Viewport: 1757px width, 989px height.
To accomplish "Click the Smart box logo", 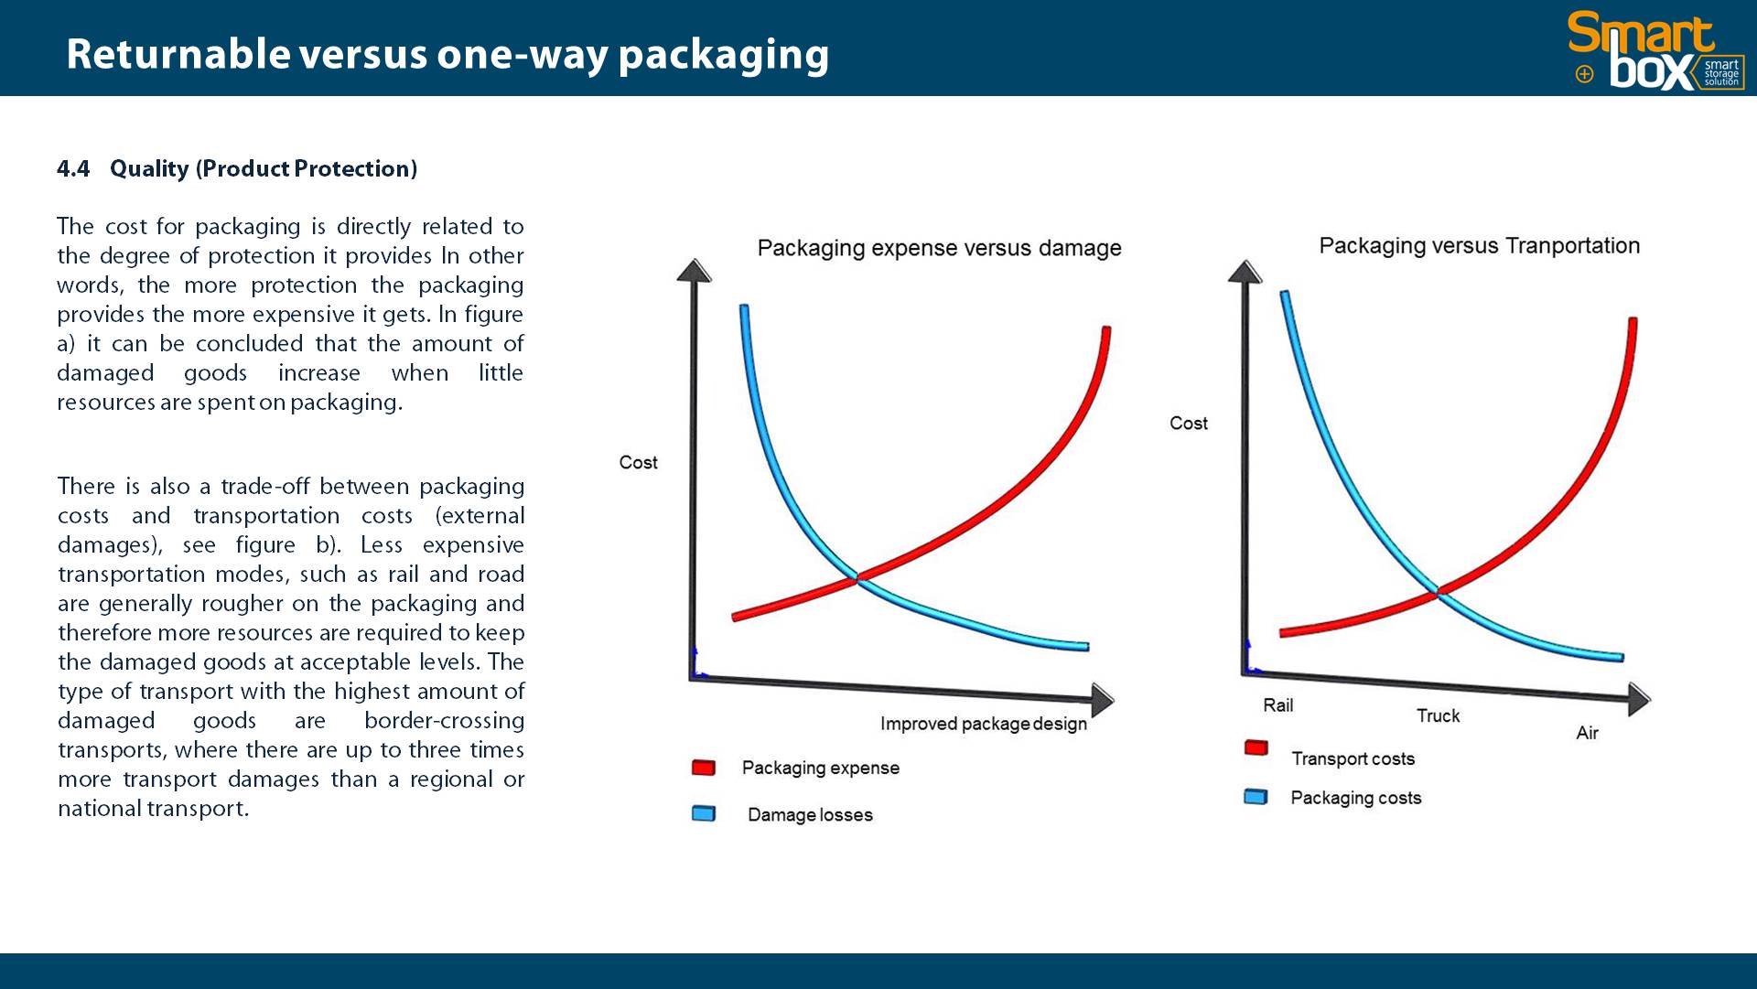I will pyautogui.click(x=1655, y=50).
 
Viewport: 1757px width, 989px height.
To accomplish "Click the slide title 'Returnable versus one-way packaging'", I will pyautogui.click(x=447, y=55).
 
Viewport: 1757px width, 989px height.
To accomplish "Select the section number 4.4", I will pyautogui.click(x=73, y=169).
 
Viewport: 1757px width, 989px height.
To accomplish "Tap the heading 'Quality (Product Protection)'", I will pyautogui.click(x=264, y=169).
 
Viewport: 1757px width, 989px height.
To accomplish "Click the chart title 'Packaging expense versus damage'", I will pyautogui.click(x=939, y=248).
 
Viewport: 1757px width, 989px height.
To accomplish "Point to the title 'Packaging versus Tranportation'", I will pyautogui.click(x=1479, y=245).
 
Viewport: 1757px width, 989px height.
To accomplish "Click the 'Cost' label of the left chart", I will pyautogui.click(x=638, y=462).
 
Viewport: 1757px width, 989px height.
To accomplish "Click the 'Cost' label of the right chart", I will pyautogui.click(x=1188, y=423).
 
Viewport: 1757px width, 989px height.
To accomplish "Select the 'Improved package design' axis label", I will pyautogui.click(x=983, y=724).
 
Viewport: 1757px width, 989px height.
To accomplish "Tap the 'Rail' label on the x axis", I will pyautogui.click(x=1277, y=704).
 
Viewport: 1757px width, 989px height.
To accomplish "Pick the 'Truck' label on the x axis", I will pyautogui.click(x=1438, y=715).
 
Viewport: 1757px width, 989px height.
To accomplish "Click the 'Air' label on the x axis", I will pyautogui.click(x=1587, y=733).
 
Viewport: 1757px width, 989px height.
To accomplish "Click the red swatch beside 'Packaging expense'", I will pyautogui.click(x=704, y=768).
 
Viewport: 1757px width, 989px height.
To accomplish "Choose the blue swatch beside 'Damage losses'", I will pyautogui.click(x=704, y=813).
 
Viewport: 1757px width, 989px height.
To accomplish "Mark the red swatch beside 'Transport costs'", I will pyautogui.click(x=1256, y=747).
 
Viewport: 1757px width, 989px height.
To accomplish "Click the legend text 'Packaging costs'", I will pyautogui.click(x=1355, y=798).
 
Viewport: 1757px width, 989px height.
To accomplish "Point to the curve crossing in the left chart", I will pyautogui.click(x=857, y=577).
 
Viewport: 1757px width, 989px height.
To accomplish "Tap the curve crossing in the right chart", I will pyautogui.click(x=1439, y=592).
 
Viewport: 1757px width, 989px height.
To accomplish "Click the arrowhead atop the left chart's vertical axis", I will pyautogui.click(x=694, y=270).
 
